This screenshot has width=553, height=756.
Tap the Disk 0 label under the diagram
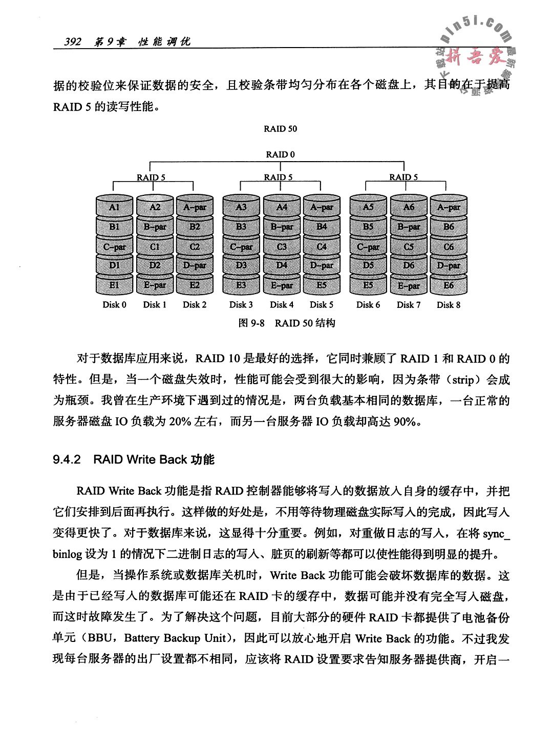[114, 305]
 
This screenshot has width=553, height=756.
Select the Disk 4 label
[282, 305]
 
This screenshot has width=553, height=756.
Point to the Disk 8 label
[448, 305]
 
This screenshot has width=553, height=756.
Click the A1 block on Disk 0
[114, 207]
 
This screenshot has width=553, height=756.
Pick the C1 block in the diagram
[155, 247]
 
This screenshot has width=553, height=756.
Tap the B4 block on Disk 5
[322, 226]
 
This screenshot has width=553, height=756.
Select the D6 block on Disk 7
[409, 265]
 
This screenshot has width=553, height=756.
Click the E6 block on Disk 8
[449, 285]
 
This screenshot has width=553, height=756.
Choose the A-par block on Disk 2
[195, 207]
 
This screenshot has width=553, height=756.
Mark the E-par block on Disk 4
[282, 285]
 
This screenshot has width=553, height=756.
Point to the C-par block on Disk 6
[368, 247]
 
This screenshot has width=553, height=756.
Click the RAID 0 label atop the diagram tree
[280, 154]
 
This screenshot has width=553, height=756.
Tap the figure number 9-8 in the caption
[255, 323]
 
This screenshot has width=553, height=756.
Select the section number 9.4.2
[67, 459]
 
